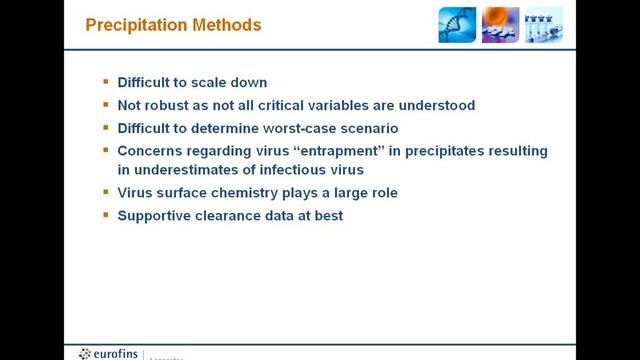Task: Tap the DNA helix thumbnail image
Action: coord(457,24)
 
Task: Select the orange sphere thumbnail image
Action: coord(500,24)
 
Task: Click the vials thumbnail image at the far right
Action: coord(544,24)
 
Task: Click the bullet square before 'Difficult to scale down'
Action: coord(106,83)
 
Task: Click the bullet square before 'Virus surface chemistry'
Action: coord(106,192)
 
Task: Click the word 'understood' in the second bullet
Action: coord(436,105)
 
